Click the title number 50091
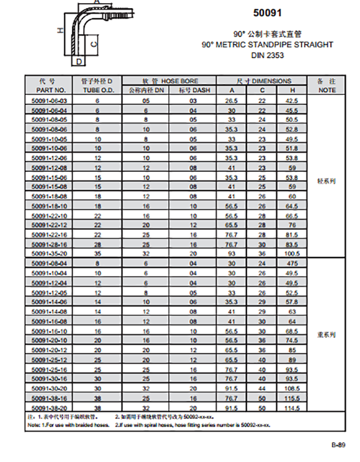click(267, 13)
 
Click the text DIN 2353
click(267, 56)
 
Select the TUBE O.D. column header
click(97, 90)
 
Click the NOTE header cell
click(327, 90)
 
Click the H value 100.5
click(292, 253)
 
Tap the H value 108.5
click(292, 388)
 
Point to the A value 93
click(231, 253)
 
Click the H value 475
click(292, 263)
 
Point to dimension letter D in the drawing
click(78, 61)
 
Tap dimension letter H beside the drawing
click(58, 30)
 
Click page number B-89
click(338, 445)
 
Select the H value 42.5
click(292, 101)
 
